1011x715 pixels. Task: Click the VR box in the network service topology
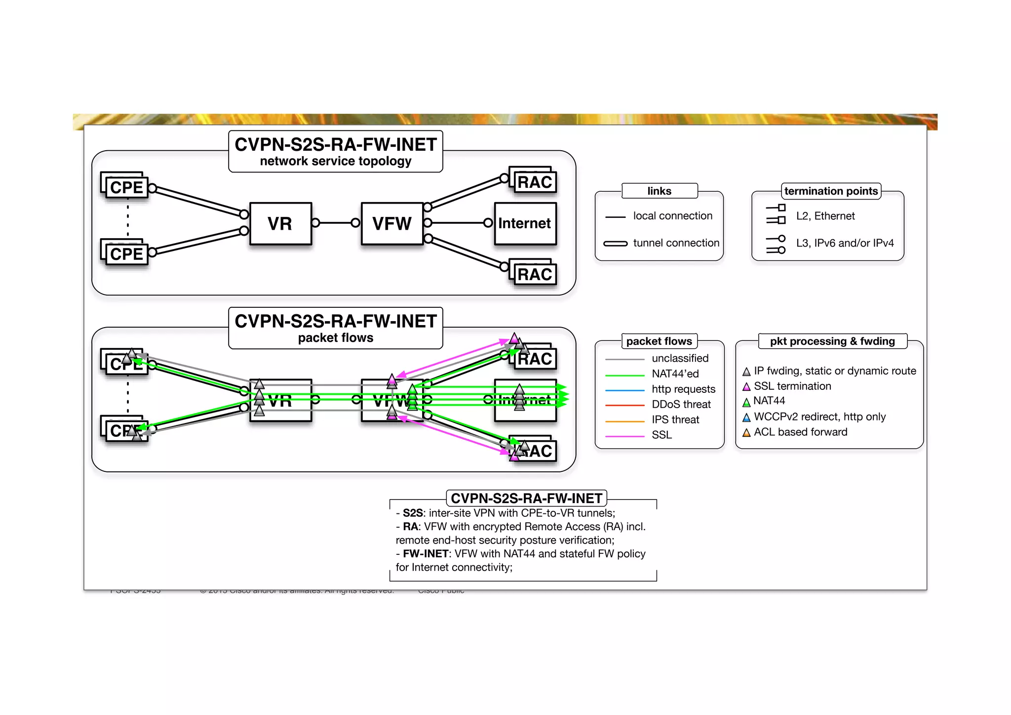pyautogui.click(x=280, y=223)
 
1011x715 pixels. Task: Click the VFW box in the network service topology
pyautogui.click(x=391, y=223)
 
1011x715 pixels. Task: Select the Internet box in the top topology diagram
pyautogui.click(x=525, y=223)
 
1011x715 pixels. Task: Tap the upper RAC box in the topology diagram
pyautogui.click(x=535, y=182)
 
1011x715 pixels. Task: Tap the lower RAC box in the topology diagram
pyautogui.click(x=535, y=274)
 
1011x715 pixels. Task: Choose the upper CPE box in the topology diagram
pyautogui.click(x=126, y=187)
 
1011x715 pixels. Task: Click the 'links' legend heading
pyautogui.click(x=659, y=191)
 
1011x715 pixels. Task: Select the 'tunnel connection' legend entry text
pyautogui.click(x=676, y=243)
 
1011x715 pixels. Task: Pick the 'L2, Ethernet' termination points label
pyautogui.click(x=825, y=216)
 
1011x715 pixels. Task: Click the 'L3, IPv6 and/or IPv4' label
pyautogui.click(x=844, y=243)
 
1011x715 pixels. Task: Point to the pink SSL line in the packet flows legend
pyautogui.click(x=624, y=436)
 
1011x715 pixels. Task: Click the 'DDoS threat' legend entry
pyautogui.click(x=681, y=404)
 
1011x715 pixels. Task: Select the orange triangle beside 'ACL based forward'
pyautogui.click(x=746, y=433)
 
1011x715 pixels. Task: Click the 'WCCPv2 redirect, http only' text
pyautogui.click(x=819, y=417)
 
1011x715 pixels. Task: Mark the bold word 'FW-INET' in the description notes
pyautogui.click(x=425, y=554)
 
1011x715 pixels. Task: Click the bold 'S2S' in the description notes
pyautogui.click(x=412, y=513)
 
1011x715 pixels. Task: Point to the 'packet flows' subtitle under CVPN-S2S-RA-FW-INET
pyautogui.click(x=335, y=338)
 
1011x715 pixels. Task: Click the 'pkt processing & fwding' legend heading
pyautogui.click(x=832, y=341)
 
